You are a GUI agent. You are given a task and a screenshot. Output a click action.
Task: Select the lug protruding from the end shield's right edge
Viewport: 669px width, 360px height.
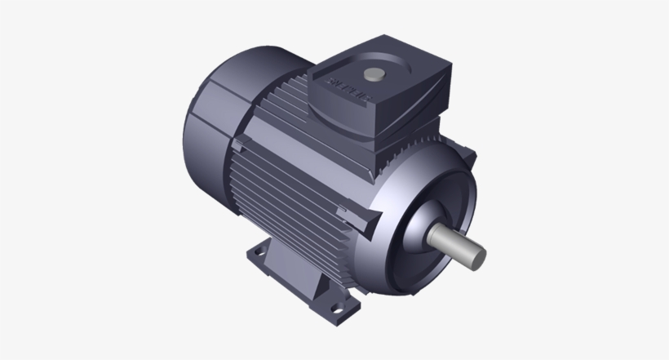pos(471,153)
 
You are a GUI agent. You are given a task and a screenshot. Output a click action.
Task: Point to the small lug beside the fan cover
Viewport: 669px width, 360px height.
pos(239,145)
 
